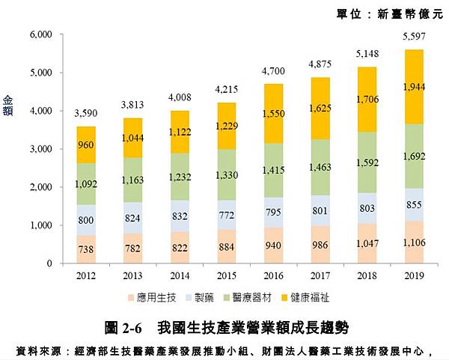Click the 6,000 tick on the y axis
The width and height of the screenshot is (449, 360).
point(39,34)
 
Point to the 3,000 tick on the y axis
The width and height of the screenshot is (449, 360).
point(39,149)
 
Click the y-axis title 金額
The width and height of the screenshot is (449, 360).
point(9,105)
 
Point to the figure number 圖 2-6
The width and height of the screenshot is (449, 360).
point(124,327)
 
